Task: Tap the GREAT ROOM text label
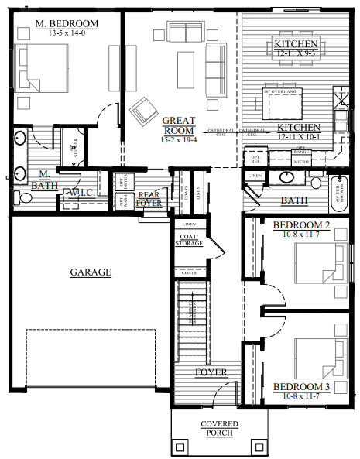[x=179, y=125]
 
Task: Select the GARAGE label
[x=90, y=272]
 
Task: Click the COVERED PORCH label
[x=219, y=429]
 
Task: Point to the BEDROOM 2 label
[x=301, y=225]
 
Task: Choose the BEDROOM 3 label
[x=301, y=386]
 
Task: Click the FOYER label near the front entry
[x=211, y=372]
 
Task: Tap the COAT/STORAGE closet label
[x=189, y=240]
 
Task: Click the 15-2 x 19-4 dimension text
[x=179, y=139]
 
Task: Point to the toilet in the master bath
[x=24, y=198]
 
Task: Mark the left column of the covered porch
[x=180, y=447]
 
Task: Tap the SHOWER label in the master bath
[x=75, y=146]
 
